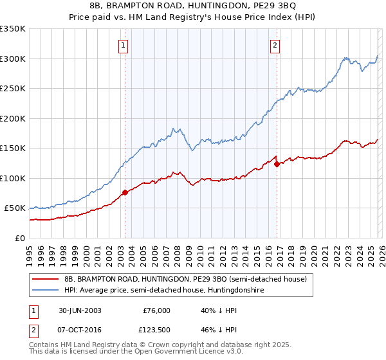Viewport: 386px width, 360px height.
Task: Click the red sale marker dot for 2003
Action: tap(125, 192)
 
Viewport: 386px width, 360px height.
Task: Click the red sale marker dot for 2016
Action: tap(277, 164)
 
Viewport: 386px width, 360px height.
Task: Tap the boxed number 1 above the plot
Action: tap(122, 45)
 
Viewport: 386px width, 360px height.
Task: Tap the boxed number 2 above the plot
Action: tap(275, 45)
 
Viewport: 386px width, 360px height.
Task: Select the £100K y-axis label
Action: tap(14, 178)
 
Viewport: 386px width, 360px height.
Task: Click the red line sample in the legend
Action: tap(46, 280)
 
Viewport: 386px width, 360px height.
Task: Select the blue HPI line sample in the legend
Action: tap(46, 291)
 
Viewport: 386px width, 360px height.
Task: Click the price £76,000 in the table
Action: tap(156, 310)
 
